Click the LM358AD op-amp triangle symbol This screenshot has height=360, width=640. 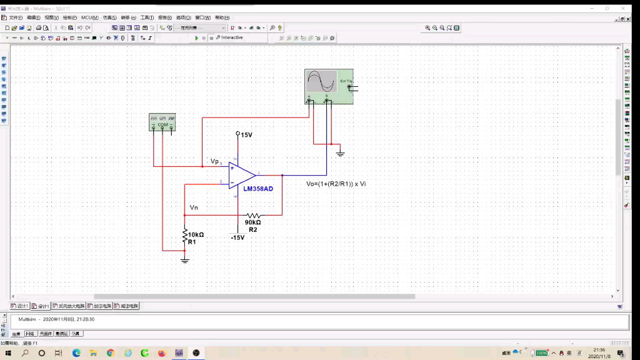click(241, 175)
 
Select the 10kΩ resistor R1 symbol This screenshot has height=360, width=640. click(185, 235)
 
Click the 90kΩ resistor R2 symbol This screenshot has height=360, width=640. click(252, 215)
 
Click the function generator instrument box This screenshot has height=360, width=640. click(162, 122)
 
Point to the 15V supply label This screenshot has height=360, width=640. click(246, 134)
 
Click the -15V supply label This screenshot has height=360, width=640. click(237, 237)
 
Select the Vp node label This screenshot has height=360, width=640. click(214, 161)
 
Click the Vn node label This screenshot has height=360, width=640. click(194, 207)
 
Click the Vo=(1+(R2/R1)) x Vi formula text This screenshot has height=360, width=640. click(336, 184)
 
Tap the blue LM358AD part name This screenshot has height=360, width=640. click(258, 189)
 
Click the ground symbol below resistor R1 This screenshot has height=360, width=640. click(185, 259)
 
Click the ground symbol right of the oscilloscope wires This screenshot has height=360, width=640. click(341, 153)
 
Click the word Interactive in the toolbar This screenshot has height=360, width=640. click(232, 38)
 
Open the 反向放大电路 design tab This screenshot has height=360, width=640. click(69, 306)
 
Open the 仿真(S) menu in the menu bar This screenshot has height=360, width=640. click(109, 17)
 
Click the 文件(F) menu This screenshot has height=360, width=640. click(15, 17)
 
